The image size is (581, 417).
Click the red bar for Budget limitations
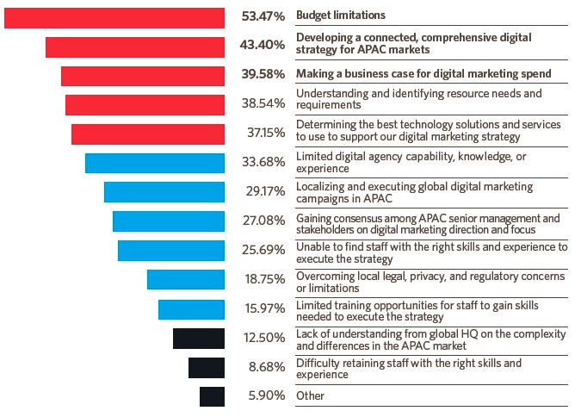pyautogui.click(x=114, y=16)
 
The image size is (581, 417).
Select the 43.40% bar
pyautogui.click(x=135, y=47)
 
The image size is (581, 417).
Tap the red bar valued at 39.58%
pyautogui.click(x=143, y=76)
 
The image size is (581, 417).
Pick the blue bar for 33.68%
pyautogui.click(x=155, y=163)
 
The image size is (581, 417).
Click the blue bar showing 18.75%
pyautogui.click(x=186, y=279)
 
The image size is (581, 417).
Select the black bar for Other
pyautogui.click(x=212, y=396)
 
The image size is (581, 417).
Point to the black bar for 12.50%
pyautogui.click(x=199, y=338)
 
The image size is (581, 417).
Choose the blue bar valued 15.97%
pyautogui.click(x=191, y=308)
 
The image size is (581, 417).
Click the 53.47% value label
pyautogui.click(x=263, y=16)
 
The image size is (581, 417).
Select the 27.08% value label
pyautogui.click(x=263, y=220)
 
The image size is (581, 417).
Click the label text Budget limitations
pyautogui.click(x=340, y=16)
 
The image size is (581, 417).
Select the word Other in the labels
pyautogui.click(x=310, y=396)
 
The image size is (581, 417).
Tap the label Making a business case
pyautogui.click(x=423, y=73)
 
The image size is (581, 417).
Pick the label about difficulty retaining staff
pyautogui.click(x=409, y=369)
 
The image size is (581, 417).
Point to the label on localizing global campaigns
pyautogui.click(x=414, y=192)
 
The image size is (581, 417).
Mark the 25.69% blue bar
pyautogui.click(x=171, y=250)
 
